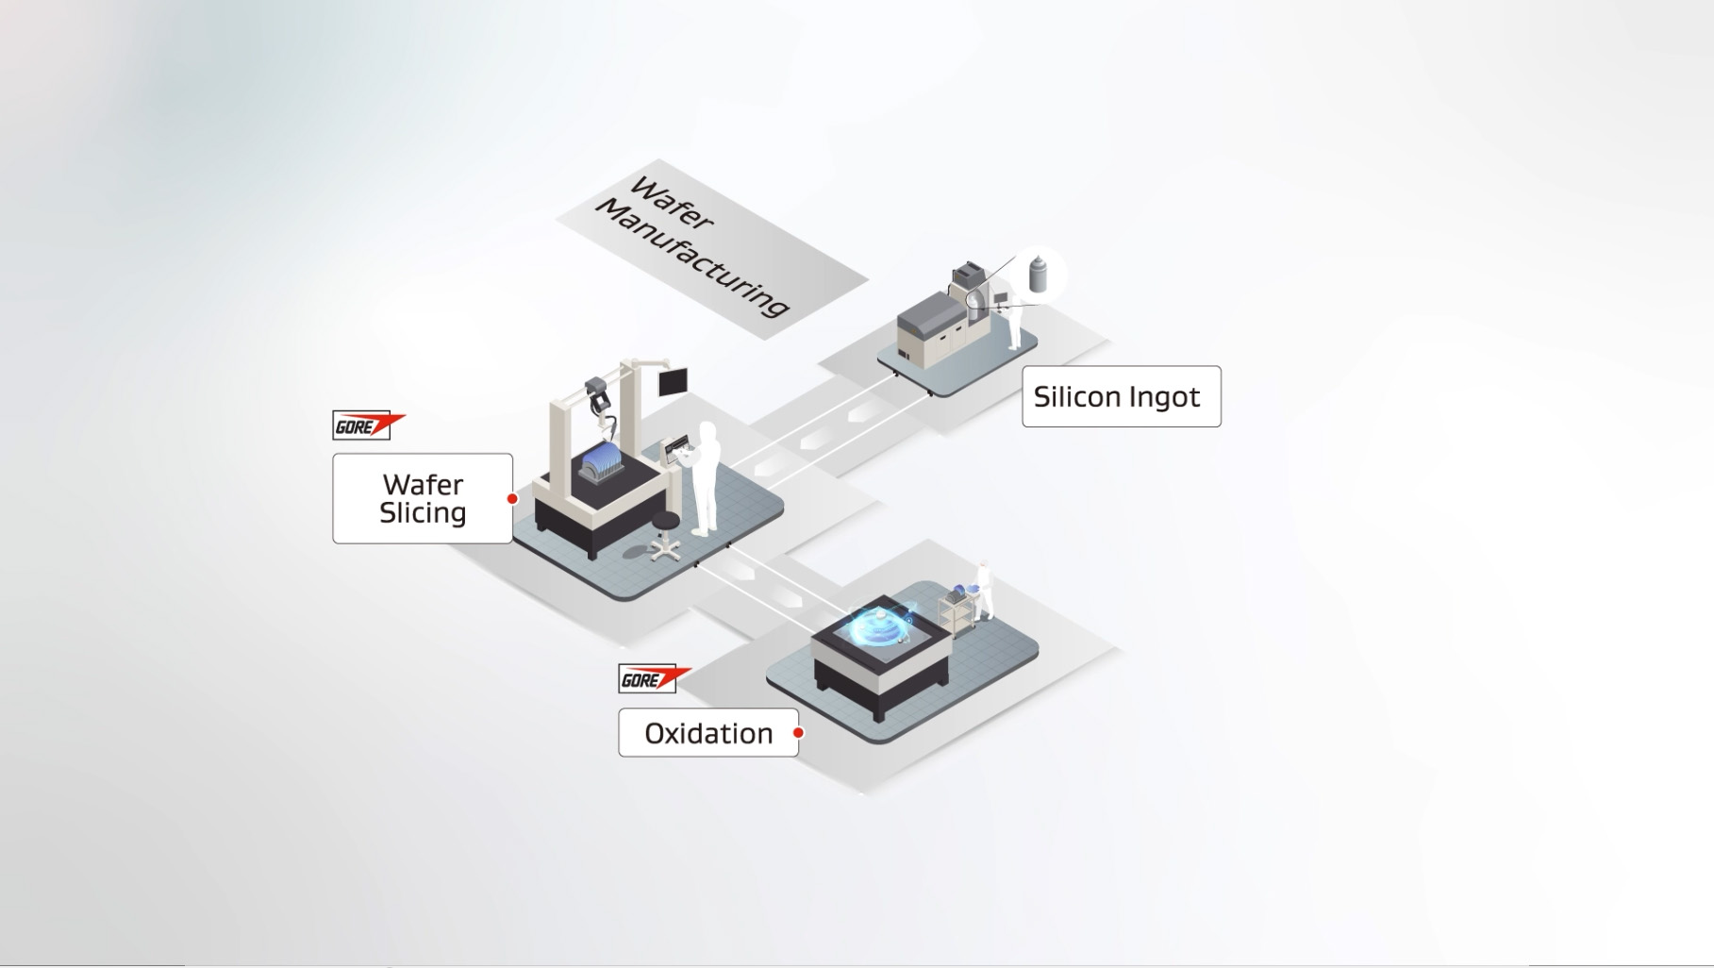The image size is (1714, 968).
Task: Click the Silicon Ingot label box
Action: [1121, 396]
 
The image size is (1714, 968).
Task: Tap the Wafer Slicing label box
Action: [423, 498]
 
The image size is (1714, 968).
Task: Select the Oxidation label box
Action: [707, 733]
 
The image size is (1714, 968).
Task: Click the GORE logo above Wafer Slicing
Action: [368, 426]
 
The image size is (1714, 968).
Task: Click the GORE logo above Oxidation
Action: [654, 678]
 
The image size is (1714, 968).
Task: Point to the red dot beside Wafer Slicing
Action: [512, 499]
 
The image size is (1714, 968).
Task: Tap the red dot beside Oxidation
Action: [798, 733]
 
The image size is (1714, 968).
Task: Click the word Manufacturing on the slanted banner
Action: [693, 259]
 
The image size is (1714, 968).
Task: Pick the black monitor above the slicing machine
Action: [673, 381]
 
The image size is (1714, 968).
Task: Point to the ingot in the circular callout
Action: [1038, 273]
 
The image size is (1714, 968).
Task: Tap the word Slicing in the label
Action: [423, 513]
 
